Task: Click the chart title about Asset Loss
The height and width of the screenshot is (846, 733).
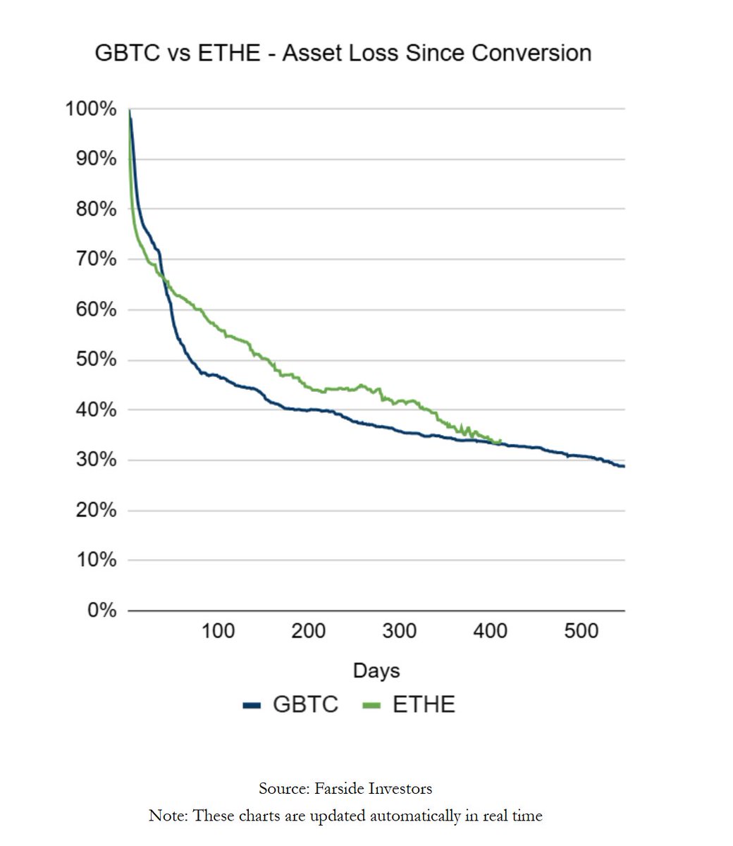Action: [343, 53]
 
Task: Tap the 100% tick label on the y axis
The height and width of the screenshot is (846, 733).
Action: [91, 109]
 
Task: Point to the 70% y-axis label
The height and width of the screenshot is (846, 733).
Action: [95, 259]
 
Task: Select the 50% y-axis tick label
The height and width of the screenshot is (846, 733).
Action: [95, 360]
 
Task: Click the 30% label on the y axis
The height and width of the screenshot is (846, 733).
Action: [95, 460]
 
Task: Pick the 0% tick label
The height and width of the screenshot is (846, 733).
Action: [101, 610]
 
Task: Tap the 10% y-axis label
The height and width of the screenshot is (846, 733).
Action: [95, 560]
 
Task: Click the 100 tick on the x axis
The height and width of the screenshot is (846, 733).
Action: [218, 630]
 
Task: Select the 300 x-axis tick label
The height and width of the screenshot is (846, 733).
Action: [399, 630]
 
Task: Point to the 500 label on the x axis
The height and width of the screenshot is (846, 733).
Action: [581, 630]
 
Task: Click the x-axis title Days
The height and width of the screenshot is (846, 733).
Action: [376, 670]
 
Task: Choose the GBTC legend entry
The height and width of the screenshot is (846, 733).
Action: [305, 704]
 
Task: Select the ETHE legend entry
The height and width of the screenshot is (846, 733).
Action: [424, 704]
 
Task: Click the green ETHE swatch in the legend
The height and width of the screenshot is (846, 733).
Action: [371, 705]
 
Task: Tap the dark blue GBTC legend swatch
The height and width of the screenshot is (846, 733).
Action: [252, 705]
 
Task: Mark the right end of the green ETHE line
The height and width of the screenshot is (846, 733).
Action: [500, 442]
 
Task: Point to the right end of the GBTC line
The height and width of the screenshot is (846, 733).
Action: [624, 466]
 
